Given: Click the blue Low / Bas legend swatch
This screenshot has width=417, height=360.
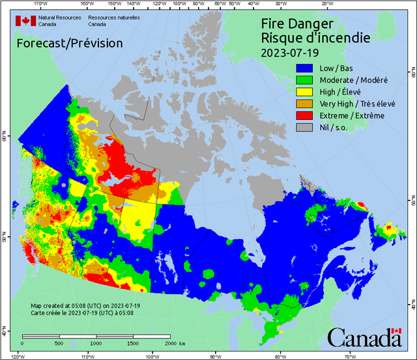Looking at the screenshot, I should [x=304, y=68].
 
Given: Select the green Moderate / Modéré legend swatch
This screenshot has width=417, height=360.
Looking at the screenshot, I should [x=304, y=79].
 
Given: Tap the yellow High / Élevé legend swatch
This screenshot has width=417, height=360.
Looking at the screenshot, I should [x=304, y=92].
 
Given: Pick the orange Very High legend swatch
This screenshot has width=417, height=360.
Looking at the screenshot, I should [x=304, y=104].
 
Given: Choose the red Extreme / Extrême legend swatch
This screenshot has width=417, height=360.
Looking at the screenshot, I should [x=304, y=115].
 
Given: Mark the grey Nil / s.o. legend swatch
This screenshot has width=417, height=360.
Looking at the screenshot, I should [x=304, y=128].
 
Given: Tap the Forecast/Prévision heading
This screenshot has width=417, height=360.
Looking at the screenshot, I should [x=69, y=44].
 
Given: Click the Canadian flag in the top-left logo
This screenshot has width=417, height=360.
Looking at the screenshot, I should [x=26, y=21].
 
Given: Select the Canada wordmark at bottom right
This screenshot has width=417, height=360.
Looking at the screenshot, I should [x=364, y=338].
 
